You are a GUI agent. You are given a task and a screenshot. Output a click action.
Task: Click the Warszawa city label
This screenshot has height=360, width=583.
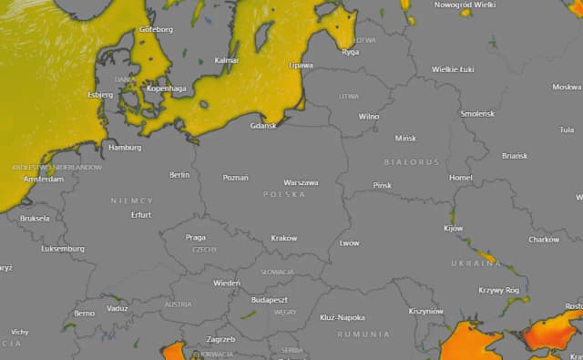[x=301, y=182]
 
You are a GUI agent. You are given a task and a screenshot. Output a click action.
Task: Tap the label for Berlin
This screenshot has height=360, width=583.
[x=179, y=174]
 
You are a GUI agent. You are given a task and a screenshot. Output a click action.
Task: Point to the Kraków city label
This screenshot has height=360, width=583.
[x=284, y=238]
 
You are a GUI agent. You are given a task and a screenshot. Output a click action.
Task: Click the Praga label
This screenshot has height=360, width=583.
[x=196, y=237]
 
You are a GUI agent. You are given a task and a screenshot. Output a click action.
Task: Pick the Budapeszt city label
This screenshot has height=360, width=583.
[x=269, y=299]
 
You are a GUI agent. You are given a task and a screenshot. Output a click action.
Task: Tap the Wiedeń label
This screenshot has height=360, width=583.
[x=227, y=283]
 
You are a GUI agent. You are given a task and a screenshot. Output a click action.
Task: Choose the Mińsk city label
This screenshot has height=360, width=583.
[x=404, y=139]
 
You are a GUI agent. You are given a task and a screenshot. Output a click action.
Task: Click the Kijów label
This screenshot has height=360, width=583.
[x=453, y=228]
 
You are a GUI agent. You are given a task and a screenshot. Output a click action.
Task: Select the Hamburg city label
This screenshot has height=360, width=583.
[x=125, y=147]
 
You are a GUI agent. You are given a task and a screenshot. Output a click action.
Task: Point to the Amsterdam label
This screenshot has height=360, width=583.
[x=44, y=180]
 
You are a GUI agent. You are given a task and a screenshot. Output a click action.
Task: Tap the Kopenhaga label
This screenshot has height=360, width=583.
[x=166, y=88]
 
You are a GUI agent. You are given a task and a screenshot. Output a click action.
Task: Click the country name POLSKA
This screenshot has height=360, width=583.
[x=284, y=195]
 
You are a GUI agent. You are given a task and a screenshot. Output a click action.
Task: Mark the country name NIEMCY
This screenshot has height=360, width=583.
[x=132, y=200]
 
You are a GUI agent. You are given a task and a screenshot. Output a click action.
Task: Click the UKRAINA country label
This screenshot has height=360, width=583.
[x=476, y=262]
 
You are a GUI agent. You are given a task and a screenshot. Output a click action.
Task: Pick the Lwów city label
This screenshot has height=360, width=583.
[x=349, y=243]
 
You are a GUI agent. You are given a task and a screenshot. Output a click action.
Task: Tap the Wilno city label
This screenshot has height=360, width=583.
[x=368, y=117]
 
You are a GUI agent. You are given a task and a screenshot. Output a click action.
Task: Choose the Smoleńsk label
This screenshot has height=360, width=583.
[x=477, y=113]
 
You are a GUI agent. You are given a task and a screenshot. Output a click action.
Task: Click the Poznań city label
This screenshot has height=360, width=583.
[x=235, y=177]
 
